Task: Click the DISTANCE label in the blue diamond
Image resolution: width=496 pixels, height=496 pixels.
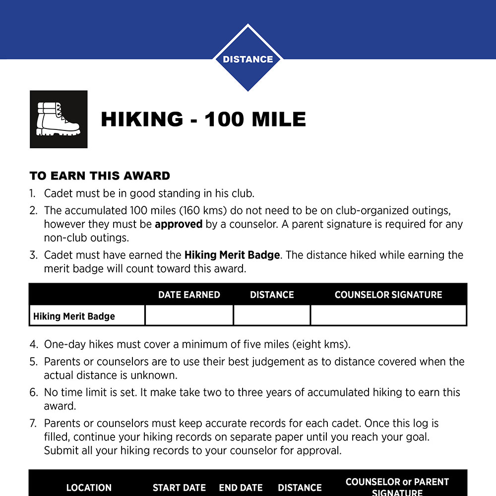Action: click(248, 59)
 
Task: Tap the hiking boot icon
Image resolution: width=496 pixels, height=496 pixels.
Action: click(59, 119)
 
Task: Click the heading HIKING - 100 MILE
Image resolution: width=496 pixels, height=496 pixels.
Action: click(203, 120)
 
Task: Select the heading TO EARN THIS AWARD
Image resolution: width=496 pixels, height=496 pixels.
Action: click(100, 176)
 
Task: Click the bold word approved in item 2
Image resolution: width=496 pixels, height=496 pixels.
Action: click(179, 224)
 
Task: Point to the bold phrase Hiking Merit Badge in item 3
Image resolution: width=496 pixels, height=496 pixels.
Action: click(232, 255)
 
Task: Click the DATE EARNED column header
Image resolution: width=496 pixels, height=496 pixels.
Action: click(189, 295)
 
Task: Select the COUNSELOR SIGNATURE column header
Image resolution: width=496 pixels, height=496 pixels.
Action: click(388, 295)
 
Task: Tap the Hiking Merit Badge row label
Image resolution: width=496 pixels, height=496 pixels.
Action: click(74, 316)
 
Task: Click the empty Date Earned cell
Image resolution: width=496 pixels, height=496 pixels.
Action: click(189, 315)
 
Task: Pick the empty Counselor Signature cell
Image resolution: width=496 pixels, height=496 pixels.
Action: click(388, 315)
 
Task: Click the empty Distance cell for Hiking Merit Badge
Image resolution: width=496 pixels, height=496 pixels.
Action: click(272, 315)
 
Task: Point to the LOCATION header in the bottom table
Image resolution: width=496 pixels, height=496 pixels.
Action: click(89, 488)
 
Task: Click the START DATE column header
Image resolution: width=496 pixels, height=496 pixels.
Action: click(179, 488)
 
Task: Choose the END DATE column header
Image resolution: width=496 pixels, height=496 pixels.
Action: click(241, 488)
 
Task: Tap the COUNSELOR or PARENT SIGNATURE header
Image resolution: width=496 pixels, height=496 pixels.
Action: click(397, 487)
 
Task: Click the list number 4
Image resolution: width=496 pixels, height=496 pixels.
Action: click(33, 344)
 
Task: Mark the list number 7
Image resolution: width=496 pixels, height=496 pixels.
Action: click(33, 424)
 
